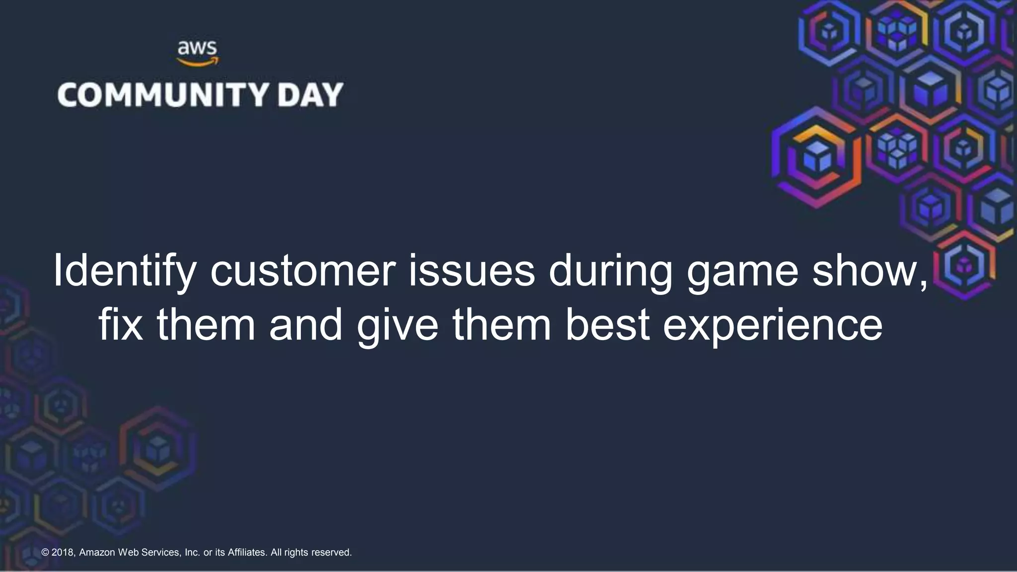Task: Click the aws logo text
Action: point(197,49)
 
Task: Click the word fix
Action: point(121,325)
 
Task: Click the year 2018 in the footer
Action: point(63,553)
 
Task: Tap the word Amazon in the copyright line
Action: point(97,553)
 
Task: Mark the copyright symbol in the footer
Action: point(45,553)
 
